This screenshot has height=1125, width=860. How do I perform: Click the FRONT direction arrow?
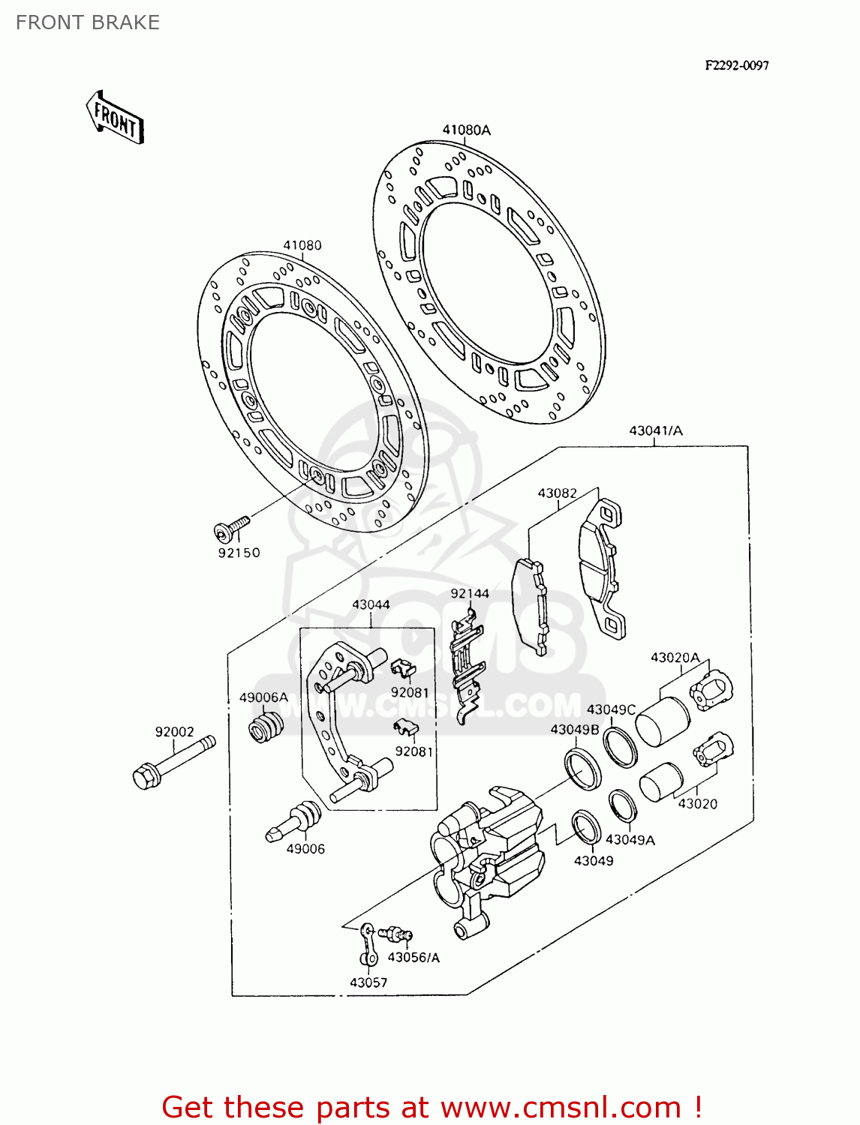[115, 118]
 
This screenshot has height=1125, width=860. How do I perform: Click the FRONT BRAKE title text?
[88, 22]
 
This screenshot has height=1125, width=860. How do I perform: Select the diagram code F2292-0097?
[736, 65]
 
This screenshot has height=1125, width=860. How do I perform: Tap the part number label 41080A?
[466, 130]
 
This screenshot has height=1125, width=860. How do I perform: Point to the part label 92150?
[239, 553]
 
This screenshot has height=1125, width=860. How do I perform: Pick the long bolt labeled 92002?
[173, 760]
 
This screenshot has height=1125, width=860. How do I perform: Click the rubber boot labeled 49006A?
[265, 726]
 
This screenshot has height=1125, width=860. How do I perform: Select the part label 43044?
[371, 604]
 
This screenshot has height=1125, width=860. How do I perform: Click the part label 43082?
[557, 493]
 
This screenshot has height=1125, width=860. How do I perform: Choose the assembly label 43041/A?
[655, 430]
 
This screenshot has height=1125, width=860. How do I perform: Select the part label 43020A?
[675, 658]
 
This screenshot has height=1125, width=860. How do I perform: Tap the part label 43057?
[368, 982]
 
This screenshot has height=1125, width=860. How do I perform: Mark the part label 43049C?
[611, 709]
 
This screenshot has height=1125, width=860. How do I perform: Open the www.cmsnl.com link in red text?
[561, 1107]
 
